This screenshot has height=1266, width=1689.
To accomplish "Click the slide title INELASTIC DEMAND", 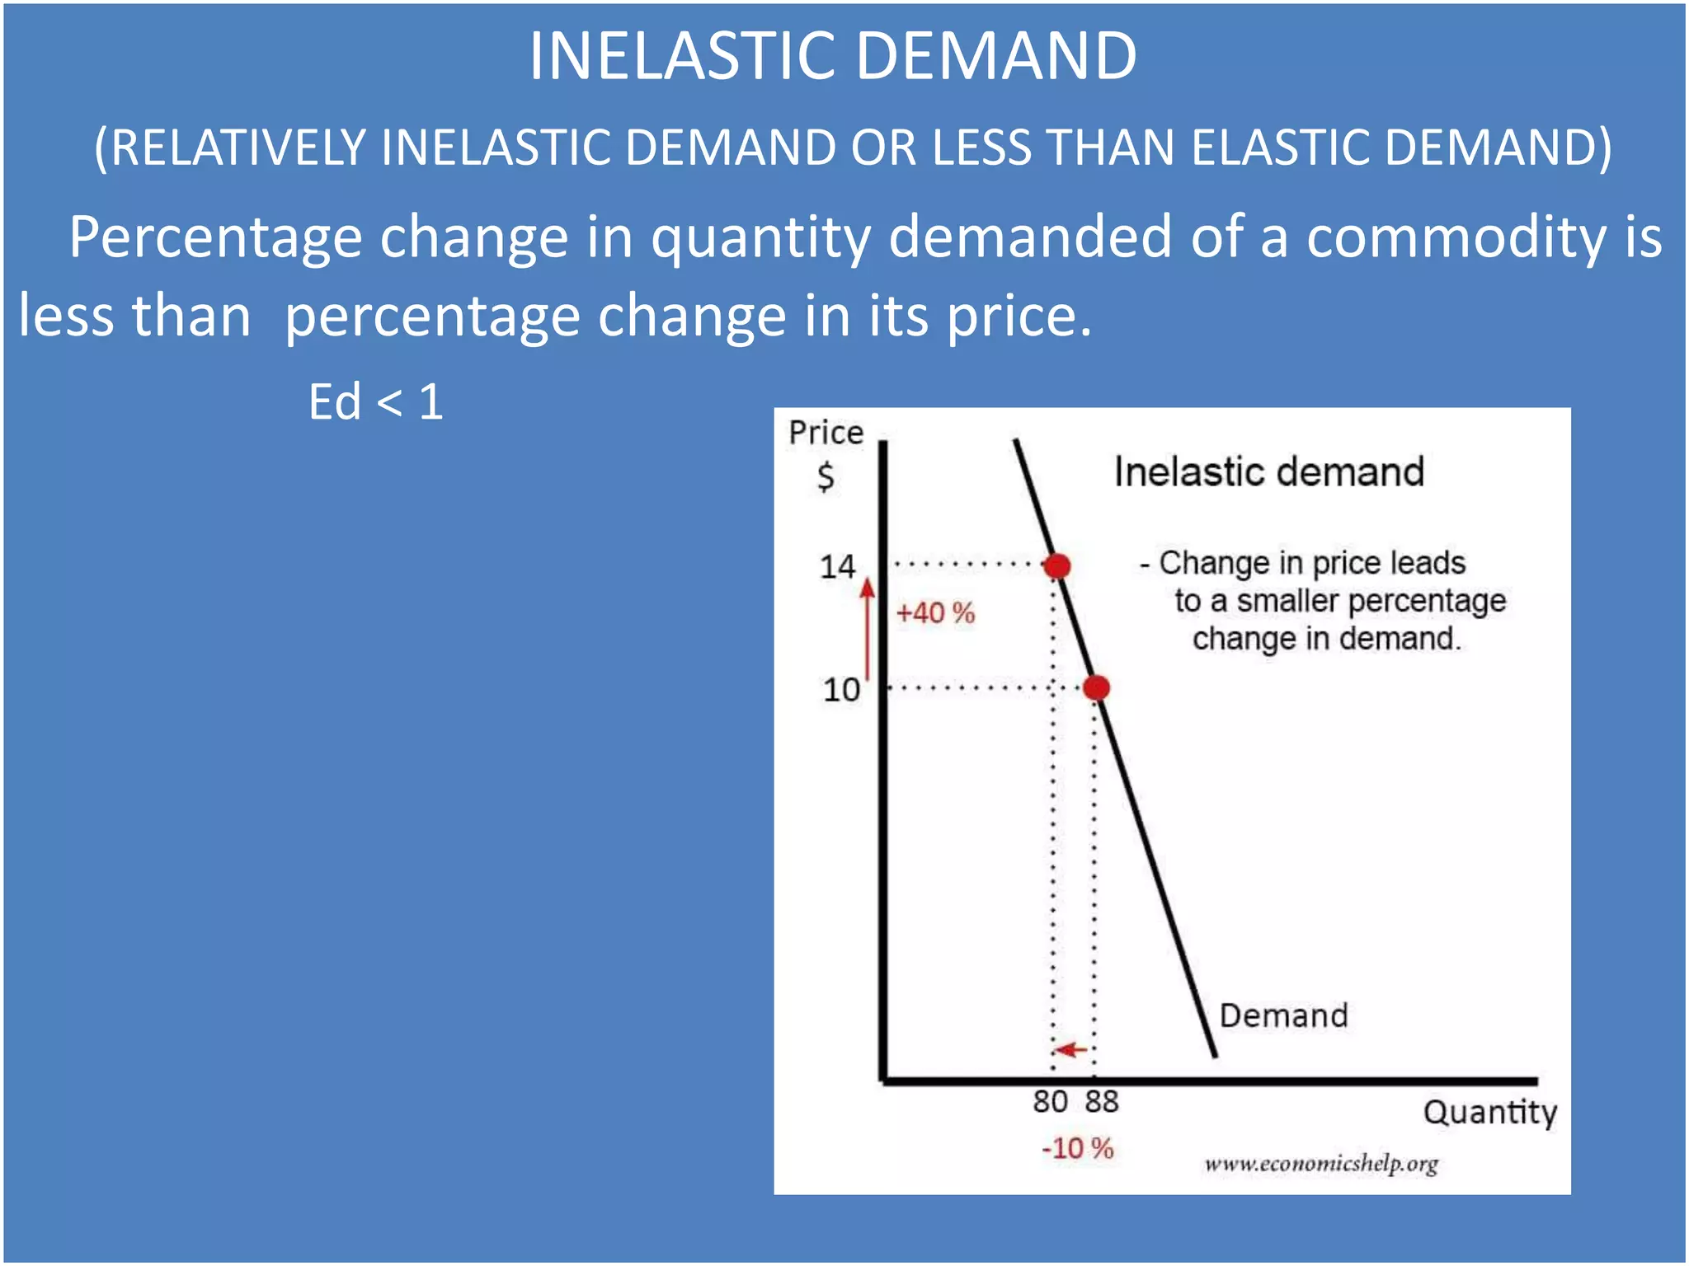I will coord(833,56).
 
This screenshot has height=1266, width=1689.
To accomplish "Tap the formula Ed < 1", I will coord(376,402).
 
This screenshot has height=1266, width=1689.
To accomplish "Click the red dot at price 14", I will coord(1056,566).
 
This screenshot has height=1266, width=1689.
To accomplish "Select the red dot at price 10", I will coord(1096,687).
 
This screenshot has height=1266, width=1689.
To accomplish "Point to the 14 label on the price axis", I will coord(837,567).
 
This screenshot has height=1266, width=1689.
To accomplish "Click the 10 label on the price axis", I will coord(841,689).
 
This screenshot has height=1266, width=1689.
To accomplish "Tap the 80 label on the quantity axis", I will coord(1050,1101).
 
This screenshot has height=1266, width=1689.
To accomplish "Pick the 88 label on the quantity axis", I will coord(1102,1101).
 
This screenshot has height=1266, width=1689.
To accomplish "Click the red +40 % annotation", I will coord(935,613).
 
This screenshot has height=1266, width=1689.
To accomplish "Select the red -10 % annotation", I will coord(1077,1148).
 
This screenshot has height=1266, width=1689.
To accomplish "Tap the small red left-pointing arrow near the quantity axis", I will coord(1071,1049).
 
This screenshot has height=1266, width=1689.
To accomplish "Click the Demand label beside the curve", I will coord(1283,1015).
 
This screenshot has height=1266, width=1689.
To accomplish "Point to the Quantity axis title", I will coord(1489,1113).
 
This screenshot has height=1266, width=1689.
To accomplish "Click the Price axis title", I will coord(826,433).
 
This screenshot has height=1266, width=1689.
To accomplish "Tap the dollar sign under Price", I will coord(826,476).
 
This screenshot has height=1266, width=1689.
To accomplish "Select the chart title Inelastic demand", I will coord(1268,472).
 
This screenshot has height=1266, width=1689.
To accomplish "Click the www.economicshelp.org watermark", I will coord(1320,1164).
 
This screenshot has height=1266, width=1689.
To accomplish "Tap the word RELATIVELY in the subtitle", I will coord(238,148).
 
